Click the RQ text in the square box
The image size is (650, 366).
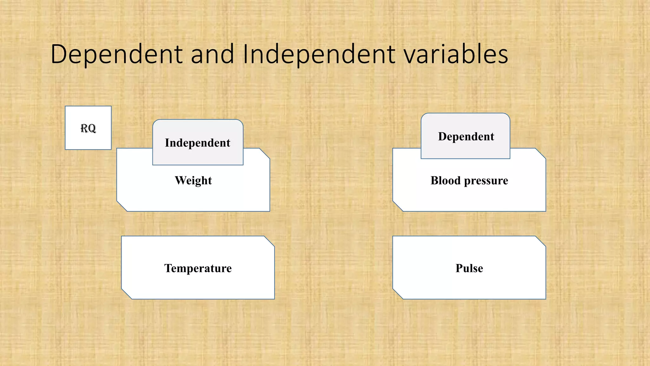(x=88, y=128)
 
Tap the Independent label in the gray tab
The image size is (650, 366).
(x=197, y=143)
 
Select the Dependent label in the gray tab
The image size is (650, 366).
(x=466, y=137)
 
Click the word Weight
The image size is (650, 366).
(x=193, y=180)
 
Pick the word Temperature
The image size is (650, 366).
(x=198, y=268)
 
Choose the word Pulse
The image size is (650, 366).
(x=469, y=268)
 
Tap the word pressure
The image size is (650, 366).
(x=486, y=181)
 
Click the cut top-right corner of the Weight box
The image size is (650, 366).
(x=265, y=153)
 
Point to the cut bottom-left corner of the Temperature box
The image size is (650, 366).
(x=126, y=294)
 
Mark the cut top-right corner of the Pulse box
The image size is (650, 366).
(x=541, y=241)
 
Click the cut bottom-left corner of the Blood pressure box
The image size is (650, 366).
(x=398, y=206)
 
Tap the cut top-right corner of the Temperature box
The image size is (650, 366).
(x=269, y=241)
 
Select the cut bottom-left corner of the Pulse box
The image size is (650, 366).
(x=398, y=294)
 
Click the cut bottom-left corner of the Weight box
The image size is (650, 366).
(x=122, y=206)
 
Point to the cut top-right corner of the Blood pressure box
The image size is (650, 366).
(x=541, y=153)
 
